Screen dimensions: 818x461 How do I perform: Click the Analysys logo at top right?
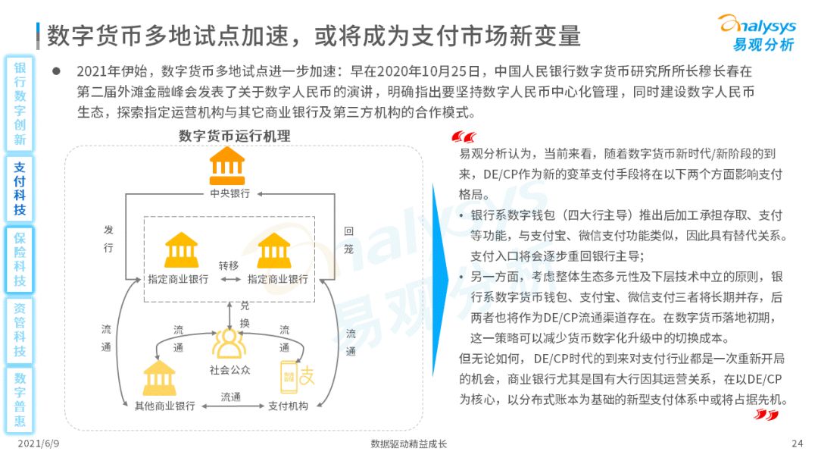pos(757,33)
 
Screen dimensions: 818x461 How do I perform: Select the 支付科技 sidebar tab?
pos(19,189)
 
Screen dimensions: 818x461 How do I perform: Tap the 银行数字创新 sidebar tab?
pos(20,103)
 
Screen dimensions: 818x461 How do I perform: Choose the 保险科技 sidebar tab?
pos(20,259)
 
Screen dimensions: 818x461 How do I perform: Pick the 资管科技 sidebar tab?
pos(20,330)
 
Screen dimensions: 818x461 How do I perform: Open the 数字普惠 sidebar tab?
pos(20,400)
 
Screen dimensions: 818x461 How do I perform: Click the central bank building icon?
pos(227,166)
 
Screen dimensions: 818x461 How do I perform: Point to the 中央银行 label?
pos(229,193)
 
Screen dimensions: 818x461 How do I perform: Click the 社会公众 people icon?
pos(229,344)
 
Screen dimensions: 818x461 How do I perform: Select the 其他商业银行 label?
pos(165,406)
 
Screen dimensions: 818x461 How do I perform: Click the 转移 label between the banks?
pos(229,265)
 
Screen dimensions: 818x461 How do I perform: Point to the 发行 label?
pos(108,239)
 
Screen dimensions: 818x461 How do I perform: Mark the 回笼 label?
pos(348,240)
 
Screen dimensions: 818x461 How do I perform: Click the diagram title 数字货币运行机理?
pos(234,136)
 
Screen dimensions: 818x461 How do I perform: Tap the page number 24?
pos(797,444)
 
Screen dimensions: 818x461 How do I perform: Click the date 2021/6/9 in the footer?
pos(39,444)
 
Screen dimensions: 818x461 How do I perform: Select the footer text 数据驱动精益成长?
pos(408,444)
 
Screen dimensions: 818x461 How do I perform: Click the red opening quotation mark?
pos(464,137)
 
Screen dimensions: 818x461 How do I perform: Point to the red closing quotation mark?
pos(766,415)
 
